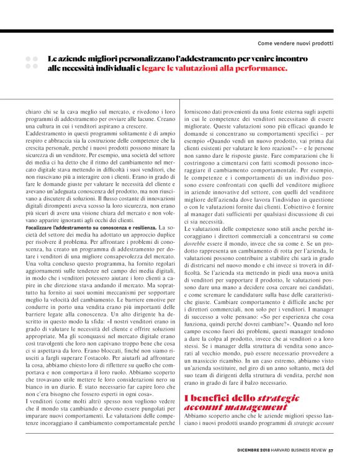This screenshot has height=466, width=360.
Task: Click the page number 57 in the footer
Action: tap(331, 451)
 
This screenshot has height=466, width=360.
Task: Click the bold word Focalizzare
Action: tap(42, 228)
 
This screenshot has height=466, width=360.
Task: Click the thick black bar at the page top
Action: tap(180, 30)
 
